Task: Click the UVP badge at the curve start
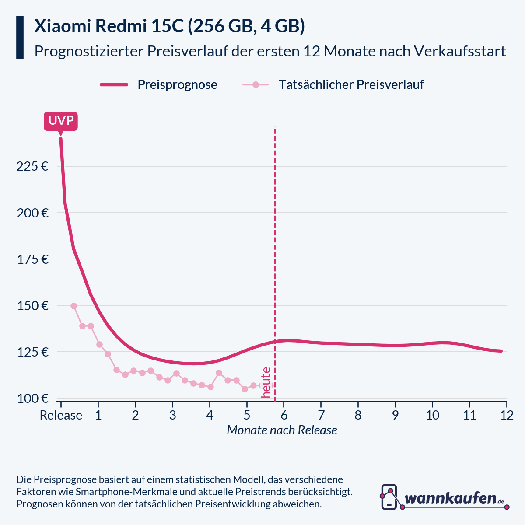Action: click(61, 121)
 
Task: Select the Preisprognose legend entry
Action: click(177, 84)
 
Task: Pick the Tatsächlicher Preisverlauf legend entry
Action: click(351, 84)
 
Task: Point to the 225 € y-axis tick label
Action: click(32, 166)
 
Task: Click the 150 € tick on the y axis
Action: click(32, 305)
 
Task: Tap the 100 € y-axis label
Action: click(32, 398)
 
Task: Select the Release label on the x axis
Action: click(61, 415)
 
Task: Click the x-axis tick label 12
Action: click(507, 415)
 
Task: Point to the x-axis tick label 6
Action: click(283, 415)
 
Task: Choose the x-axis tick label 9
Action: click(395, 415)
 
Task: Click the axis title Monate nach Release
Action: click(282, 430)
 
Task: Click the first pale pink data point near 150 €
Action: click(73, 306)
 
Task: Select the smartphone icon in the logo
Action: click(389, 497)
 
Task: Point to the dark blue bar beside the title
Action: click(20, 38)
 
